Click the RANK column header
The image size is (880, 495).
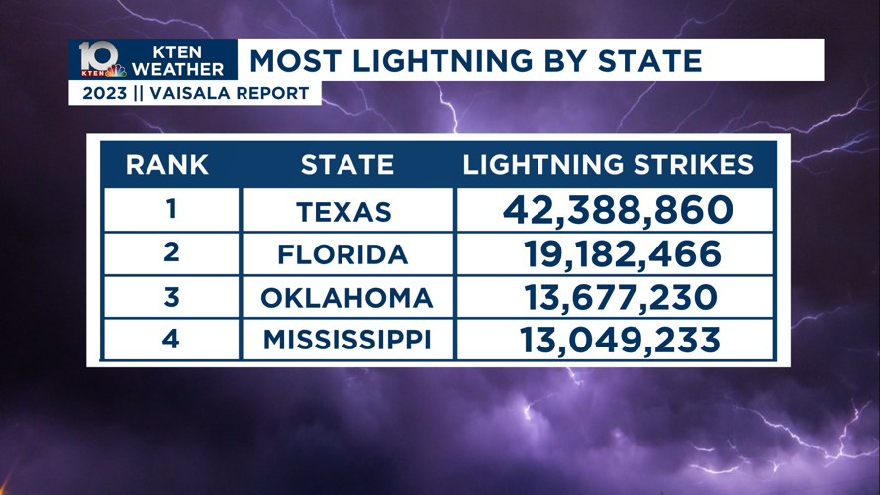pyautogui.click(x=167, y=165)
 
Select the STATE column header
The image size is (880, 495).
pyautogui.click(x=346, y=165)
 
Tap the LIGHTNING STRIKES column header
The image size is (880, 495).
pyautogui.click(x=609, y=165)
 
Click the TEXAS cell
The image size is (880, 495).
pyautogui.click(x=343, y=212)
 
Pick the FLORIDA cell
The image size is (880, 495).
pyautogui.click(x=342, y=254)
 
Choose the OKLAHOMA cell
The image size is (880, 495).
pyautogui.click(x=346, y=297)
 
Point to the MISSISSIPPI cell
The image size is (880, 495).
pyautogui.click(x=346, y=341)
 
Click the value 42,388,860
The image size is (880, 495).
pyautogui.click(x=618, y=210)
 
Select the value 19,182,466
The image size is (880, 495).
pyautogui.click(x=622, y=254)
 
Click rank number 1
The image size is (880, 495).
pyautogui.click(x=171, y=210)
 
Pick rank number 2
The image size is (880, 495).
pyautogui.click(x=171, y=253)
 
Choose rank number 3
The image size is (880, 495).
pyautogui.click(x=171, y=296)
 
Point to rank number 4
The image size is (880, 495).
pyautogui.click(x=171, y=339)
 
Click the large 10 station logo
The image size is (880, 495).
pyautogui.click(x=98, y=57)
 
